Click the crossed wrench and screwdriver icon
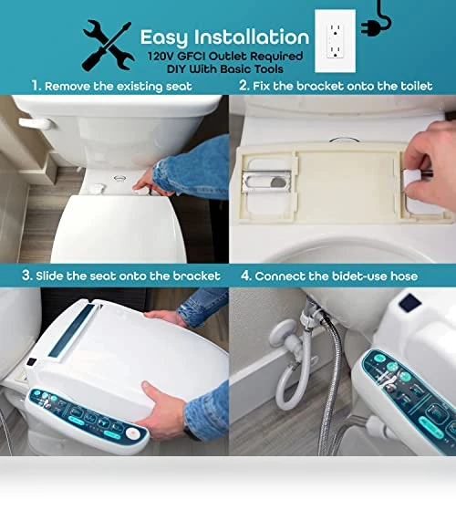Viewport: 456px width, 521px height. (108, 46)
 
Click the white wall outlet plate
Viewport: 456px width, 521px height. (335, 41)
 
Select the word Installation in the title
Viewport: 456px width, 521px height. (252, 37)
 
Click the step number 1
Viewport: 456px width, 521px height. (36, 86)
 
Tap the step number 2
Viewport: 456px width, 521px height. (244, 86)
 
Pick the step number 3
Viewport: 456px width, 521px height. (26, 276)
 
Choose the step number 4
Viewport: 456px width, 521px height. (246, 276)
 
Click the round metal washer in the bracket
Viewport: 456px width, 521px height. (278, 182)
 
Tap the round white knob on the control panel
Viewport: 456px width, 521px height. (132, 433)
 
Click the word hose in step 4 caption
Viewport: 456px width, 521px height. (404, 276)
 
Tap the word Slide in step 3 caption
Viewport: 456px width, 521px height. (50, 276)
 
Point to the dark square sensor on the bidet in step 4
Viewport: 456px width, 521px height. (410, 303)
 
